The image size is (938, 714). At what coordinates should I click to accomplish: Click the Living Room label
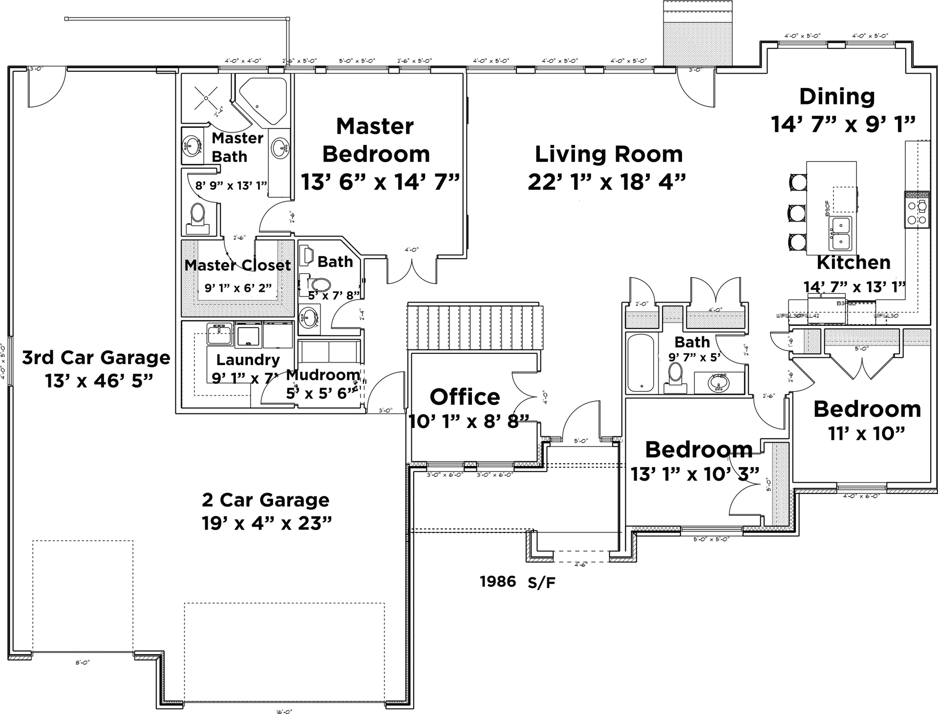(608, 155)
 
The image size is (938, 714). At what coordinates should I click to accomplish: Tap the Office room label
(465, 397)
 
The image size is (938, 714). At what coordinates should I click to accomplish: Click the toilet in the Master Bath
(197, 217)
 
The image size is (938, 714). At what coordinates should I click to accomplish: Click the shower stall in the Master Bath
(206, 98)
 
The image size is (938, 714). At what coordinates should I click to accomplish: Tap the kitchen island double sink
(840, 233)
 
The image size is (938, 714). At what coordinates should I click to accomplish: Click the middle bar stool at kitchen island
(797, 213)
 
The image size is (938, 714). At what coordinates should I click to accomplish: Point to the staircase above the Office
(475, 326)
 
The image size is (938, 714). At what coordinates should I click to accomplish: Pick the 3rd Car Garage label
(96, 358)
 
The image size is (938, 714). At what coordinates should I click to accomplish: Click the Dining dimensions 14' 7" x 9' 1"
(842, 124)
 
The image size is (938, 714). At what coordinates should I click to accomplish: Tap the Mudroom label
(323, 375)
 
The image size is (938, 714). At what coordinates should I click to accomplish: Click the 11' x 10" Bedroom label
(867, 409)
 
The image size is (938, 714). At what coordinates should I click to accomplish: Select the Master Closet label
(237, 265)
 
